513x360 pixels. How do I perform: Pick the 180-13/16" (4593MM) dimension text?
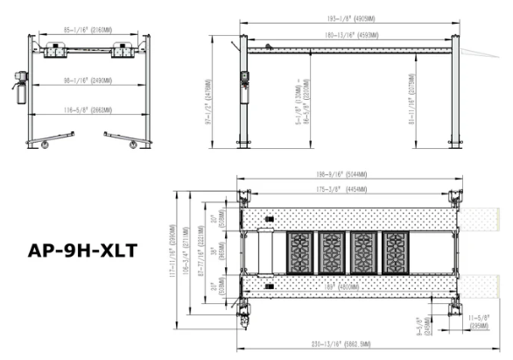tap(350, 36)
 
